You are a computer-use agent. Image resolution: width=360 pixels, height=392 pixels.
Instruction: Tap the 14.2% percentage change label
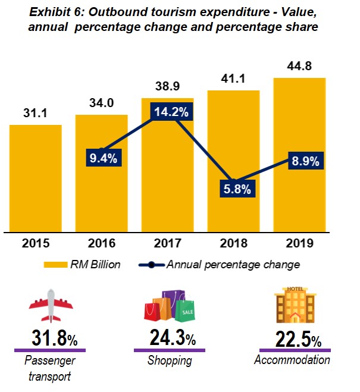pos(167,112)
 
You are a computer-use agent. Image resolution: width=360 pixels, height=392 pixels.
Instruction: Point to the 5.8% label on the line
pos(234,189)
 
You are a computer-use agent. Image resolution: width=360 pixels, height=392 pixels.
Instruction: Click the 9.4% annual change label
pos(102,158)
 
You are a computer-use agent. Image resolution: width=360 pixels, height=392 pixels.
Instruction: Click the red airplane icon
pos(51,305)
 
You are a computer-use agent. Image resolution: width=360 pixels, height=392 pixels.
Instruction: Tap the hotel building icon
pos(295,305)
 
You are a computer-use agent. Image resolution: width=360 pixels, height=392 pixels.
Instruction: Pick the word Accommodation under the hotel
pos(292,360)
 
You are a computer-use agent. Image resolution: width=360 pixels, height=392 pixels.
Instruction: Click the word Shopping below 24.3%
pos(170,360)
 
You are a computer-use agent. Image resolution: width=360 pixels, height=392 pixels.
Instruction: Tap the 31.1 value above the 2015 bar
pos(35,113)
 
